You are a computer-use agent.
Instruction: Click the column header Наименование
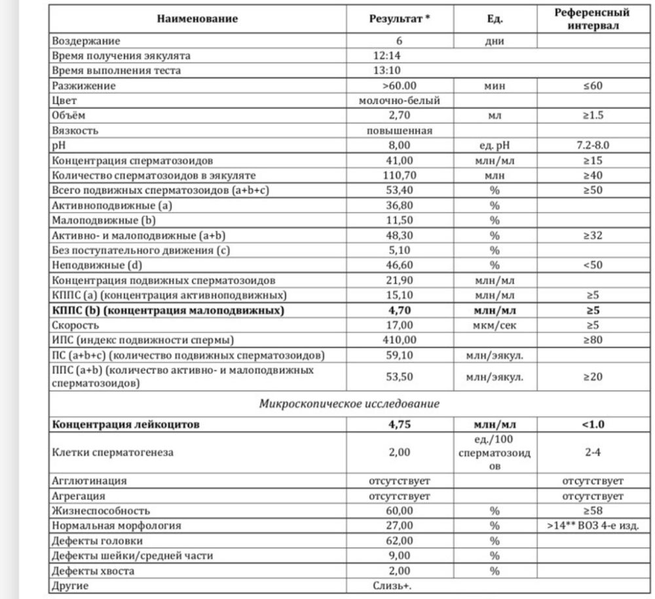click(x=197, y=18)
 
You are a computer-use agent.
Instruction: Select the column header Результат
click(x=400, y=18)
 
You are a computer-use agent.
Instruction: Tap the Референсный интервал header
click(x=592, y=18)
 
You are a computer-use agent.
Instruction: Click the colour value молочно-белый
click(x=400, y=101)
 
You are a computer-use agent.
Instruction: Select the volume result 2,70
click(x=400, y=116)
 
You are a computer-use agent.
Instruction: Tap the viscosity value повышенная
click(x=400, y=130)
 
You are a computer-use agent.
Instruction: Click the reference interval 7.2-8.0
click(x=592, y=145)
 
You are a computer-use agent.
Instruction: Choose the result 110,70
click(x=400, y=176)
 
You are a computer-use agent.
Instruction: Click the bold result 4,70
click(x=400, y=311)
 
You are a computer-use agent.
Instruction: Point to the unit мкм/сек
click(x=495, y=325)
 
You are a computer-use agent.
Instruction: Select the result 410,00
click(x=400, y=340)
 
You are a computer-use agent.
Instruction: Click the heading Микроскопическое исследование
click(x=349, y=404)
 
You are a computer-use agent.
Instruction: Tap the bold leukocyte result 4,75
click(x=400, y=424)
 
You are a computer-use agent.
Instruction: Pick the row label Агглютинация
click(x=90, y=481)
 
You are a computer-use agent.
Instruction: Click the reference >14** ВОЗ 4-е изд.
click(x=592, y=526)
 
